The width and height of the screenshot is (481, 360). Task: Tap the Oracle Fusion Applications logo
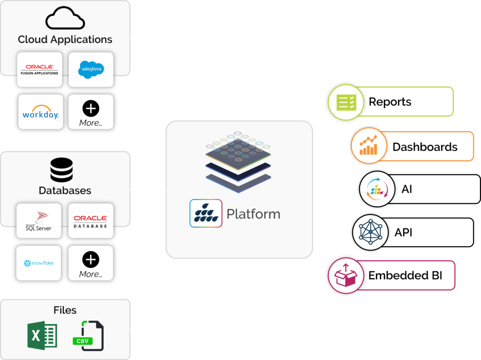(39, 70)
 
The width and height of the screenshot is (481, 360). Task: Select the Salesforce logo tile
(91, 69)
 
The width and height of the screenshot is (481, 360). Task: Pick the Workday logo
(40, 112)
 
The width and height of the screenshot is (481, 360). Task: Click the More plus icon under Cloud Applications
(91, 109)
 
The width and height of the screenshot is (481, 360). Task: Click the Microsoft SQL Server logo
(39, 220)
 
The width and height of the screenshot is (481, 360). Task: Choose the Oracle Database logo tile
(91, 221)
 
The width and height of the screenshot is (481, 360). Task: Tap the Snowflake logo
(39, 263)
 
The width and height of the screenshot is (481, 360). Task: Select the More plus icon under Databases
(91, 259)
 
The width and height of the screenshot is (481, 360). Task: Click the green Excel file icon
(42, 335)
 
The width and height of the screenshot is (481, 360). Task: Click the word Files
(65, 310)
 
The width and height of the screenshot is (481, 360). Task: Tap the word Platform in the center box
(253, 214)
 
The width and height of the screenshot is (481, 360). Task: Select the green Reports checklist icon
(343, 102)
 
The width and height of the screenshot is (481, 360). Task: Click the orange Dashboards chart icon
(367, 146)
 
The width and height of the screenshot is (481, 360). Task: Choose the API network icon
(371, 232)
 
